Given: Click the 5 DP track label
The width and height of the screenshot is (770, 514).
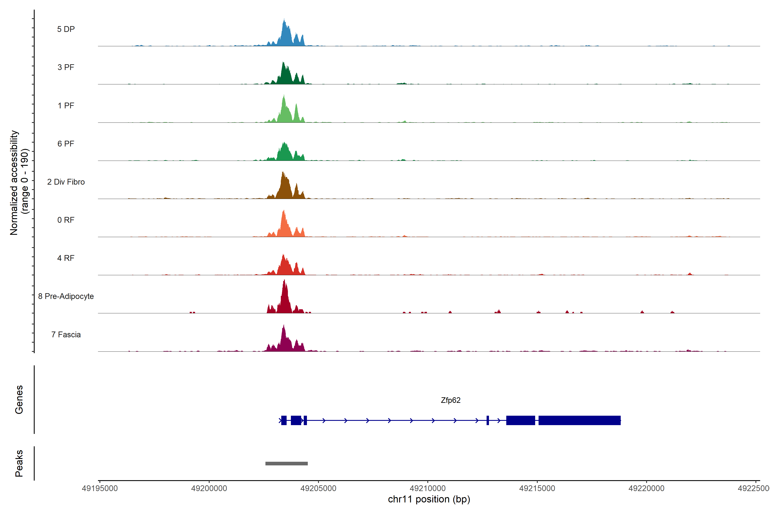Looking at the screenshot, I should [x=66, y=29].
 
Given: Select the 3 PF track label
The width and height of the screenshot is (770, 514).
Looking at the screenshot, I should [x=66, y=67].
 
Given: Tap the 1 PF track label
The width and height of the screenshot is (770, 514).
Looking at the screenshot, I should [x=66, y=106].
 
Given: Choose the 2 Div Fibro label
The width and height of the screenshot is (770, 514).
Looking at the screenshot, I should [x=66, y=182].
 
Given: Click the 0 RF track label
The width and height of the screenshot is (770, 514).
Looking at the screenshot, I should [x=66, y=220].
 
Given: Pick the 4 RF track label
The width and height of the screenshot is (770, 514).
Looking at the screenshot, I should [x=66, y=258].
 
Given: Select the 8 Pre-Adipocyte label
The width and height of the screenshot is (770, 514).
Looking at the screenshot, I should [x=66, y=296].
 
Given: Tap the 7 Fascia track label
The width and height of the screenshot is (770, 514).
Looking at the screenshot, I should [x=66, y=335].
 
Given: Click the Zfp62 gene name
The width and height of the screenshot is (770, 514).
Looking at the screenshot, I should [x=450, y=400].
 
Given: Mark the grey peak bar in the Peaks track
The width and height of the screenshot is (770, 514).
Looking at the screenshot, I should [x=286, y=463].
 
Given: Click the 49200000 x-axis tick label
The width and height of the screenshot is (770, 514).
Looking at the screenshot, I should [x=209, y=489].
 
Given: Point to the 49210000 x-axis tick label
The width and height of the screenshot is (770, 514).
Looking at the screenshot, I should [x=428, y=489].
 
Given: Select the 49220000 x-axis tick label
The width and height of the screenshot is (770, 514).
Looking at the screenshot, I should [x=646, y=489].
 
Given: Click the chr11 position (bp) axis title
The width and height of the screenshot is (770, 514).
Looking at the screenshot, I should [x=429, y=499].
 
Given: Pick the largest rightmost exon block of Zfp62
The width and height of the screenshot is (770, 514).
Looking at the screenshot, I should [x=579, y=420].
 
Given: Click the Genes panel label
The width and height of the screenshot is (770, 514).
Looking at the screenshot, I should [x=19, y=400].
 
